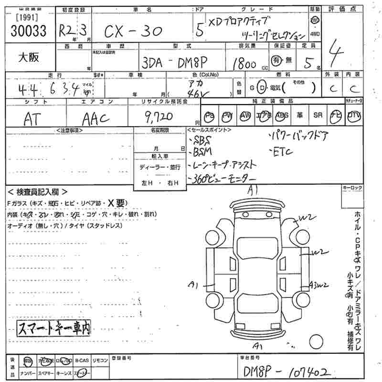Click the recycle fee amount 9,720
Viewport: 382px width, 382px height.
(x=161, y=117)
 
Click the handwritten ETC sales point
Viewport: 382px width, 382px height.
(x=282, y=152)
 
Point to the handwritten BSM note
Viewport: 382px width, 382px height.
(x=204, y=152)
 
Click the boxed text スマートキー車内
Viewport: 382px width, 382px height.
(x=54, y=328)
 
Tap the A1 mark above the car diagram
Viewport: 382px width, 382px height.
(x=253, y=190)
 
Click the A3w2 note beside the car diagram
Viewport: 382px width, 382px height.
(x=318, y=285)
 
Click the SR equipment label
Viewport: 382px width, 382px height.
(x=318, y=115)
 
